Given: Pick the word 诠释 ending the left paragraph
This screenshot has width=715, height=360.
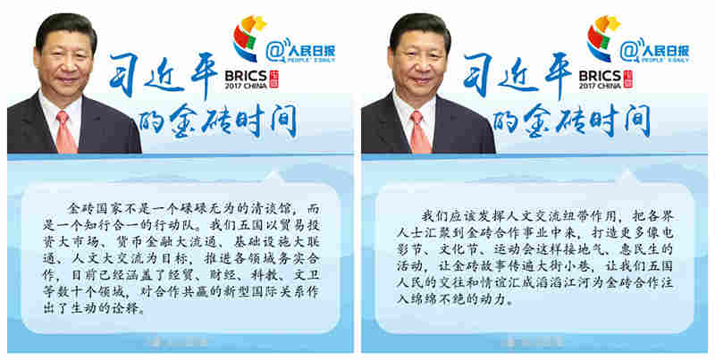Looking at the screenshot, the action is click(128, 308).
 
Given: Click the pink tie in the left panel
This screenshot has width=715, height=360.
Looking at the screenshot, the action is click(65, 132).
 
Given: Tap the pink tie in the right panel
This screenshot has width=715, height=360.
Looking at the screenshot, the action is click(418, 132).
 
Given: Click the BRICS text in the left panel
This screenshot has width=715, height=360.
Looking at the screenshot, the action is click(245, 76).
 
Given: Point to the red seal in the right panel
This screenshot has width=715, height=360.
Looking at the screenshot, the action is click(627, 79).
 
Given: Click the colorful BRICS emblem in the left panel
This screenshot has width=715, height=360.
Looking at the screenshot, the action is click(248, 38).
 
